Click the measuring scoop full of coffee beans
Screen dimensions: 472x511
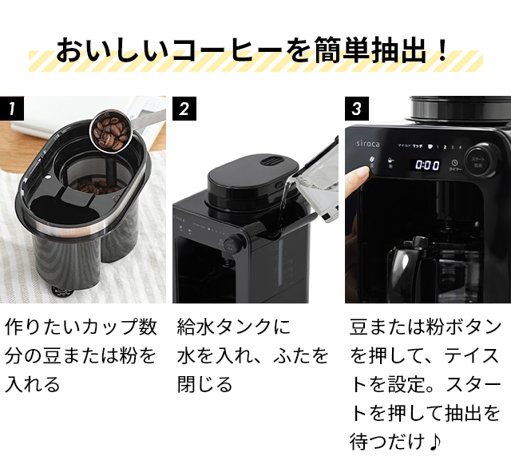click(109, 129)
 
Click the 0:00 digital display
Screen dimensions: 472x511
click(426, 165)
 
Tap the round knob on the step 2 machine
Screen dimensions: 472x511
click(233, 244)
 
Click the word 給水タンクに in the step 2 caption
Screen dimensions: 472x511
click(234, 327)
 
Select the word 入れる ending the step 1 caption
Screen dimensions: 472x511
click(33, 384)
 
